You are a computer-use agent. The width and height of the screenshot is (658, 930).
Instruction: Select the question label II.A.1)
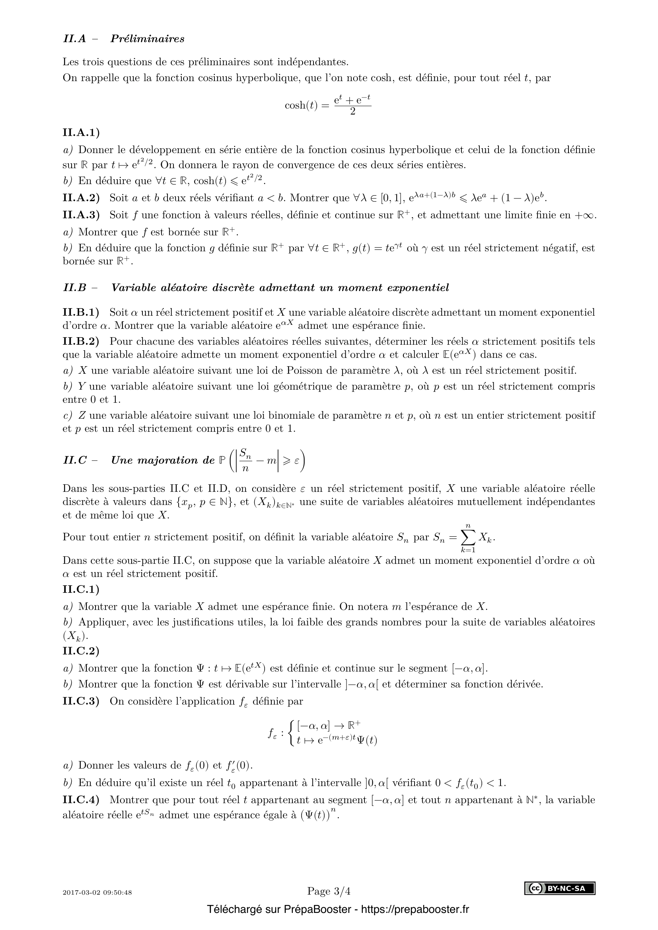81,132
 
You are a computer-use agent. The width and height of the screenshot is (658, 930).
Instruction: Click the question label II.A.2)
81,198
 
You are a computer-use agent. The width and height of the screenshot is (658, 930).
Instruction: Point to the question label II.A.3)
81,215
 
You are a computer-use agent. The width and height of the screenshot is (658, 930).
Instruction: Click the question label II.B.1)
81,312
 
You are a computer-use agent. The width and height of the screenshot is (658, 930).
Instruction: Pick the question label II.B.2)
81,342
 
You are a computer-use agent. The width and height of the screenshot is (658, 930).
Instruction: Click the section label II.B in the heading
75,288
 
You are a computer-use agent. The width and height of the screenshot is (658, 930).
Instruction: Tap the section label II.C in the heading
75,460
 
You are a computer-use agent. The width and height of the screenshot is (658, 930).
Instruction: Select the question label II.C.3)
81,701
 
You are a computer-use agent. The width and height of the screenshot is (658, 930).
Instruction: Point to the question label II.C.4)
81,800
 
